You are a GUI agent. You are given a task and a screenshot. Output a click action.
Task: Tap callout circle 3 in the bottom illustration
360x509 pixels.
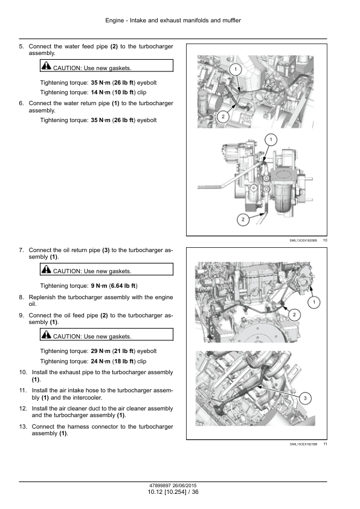click(305, 398)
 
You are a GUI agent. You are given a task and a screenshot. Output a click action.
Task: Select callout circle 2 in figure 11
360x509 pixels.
click(294, 314)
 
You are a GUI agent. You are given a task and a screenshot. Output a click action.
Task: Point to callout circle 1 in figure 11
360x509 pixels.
click(313, 302)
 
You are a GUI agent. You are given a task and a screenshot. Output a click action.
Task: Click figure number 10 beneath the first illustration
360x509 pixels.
click(325, 240)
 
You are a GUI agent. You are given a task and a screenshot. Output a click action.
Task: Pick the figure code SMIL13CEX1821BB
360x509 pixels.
click(304, 444)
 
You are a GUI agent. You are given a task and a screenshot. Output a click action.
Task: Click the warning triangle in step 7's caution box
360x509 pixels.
click(46, 270)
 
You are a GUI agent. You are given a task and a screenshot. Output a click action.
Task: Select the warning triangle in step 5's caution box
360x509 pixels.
click(46, 66)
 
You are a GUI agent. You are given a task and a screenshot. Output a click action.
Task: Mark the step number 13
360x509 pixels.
click(23, 427)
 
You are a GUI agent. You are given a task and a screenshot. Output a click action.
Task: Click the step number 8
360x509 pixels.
click(21, 297)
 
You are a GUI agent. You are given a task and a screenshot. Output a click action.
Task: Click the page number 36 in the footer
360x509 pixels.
click(195, 492)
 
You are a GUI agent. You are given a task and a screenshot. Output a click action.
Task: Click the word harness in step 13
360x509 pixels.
click(78, 427)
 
